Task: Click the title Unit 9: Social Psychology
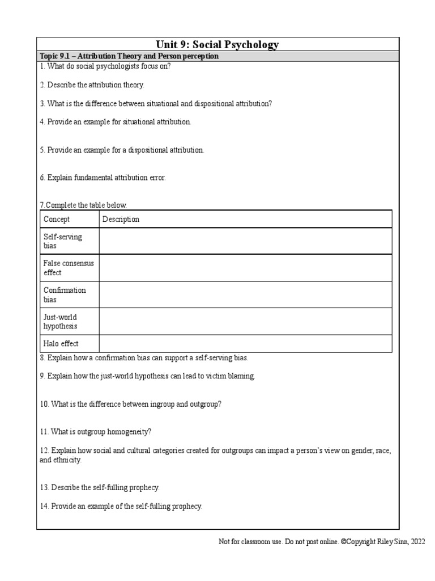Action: tap(217, 44)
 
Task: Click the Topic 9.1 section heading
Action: tap(129, 57)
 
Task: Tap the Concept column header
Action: tap(57, 219)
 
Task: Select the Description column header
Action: tap(121, 219)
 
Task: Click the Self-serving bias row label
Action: tap(63, 241)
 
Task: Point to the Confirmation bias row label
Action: tap(65, 294)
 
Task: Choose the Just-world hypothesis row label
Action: tap(61, 321)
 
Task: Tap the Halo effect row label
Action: tap(61, 343)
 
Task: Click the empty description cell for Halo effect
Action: tap(245, 343)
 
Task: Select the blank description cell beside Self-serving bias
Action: tap(245, 241)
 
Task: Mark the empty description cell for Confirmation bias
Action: tap(245, 294)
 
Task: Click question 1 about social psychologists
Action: tap(105, 66)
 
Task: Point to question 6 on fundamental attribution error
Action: tap(103, 178)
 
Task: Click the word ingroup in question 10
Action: tap(161, 404)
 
